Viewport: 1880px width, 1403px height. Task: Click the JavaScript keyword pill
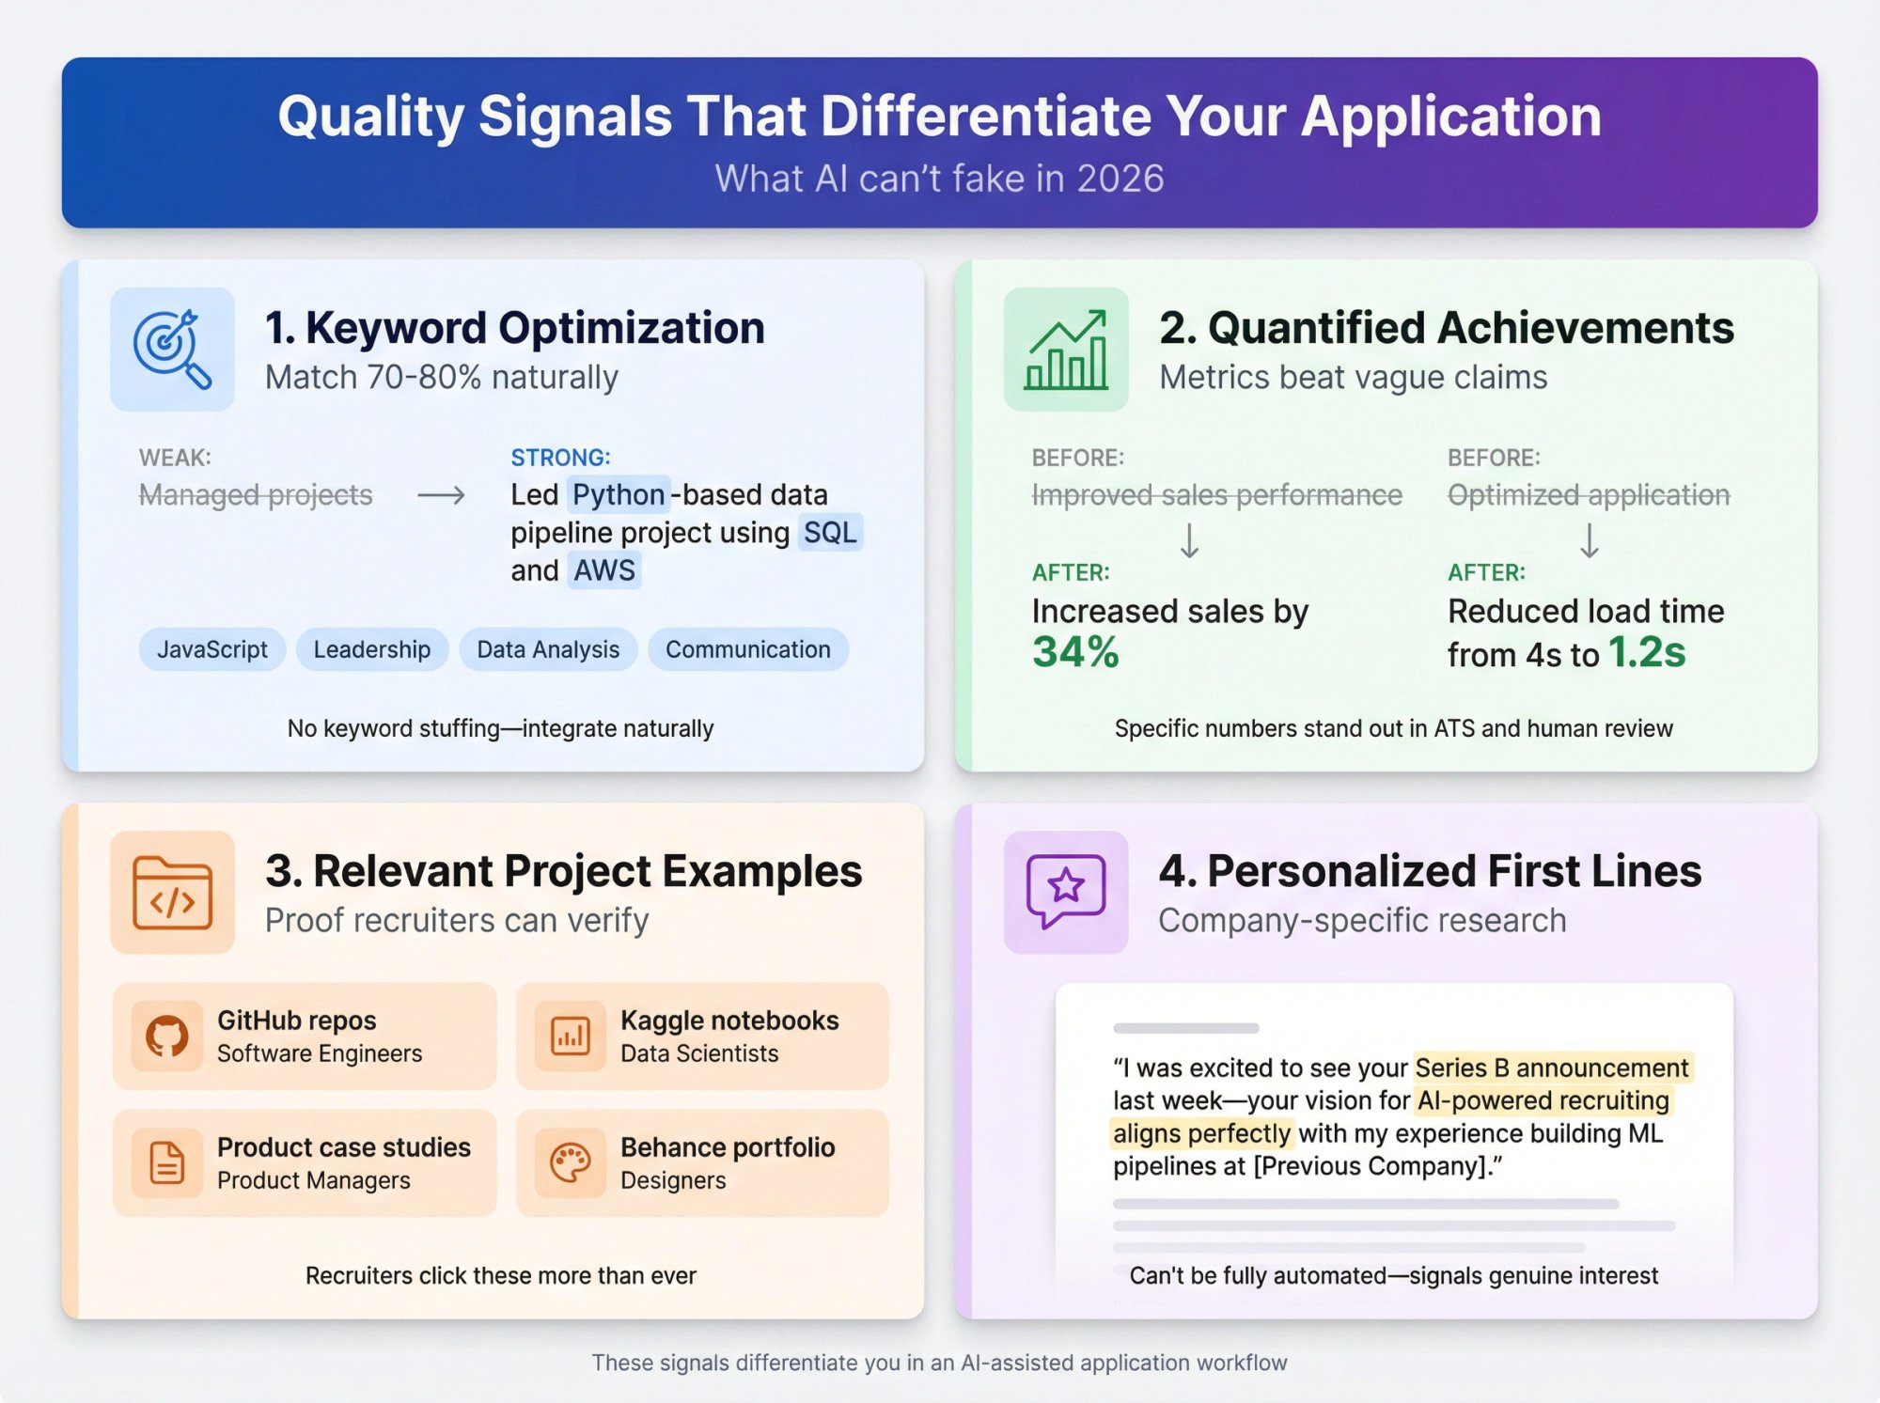pos(211,649)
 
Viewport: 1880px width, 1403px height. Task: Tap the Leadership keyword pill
pos(371,649)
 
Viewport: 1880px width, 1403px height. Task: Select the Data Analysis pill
pos(548,649)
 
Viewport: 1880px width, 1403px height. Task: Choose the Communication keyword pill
pos(747,649)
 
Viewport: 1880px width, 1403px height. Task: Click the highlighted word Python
pos(618,494)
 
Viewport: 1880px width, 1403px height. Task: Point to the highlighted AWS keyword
pos(603,570)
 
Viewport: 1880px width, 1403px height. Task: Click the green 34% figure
pos(1075,652)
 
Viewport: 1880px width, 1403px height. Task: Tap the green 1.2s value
pos(1647,652)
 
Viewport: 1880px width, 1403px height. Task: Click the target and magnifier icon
pos(172,349)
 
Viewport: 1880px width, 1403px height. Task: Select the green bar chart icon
pos(1066,349)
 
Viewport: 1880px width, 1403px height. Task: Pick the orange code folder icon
pos(172,892)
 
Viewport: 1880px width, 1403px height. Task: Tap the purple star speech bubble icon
pos(1066,891)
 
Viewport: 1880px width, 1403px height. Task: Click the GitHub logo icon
pos(166,1037)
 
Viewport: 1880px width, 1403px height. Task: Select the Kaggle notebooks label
pos(729,1021)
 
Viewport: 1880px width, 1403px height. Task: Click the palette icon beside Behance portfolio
pos(570,1163)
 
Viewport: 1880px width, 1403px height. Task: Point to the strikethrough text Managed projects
pos(256,494)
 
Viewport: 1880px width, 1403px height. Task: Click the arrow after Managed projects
pos(441,495)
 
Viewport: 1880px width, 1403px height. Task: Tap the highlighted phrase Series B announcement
pos(1551,1068)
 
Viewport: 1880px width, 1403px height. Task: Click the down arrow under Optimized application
pos(1589,540)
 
